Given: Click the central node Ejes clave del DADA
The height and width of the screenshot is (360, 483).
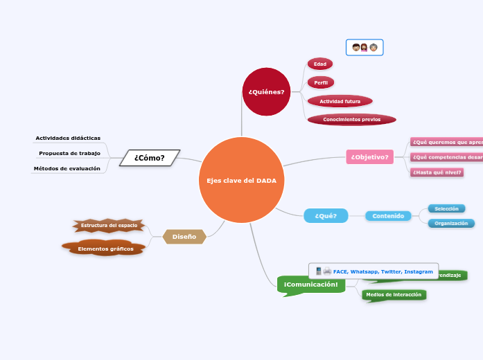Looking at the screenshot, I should [x=241, y=180].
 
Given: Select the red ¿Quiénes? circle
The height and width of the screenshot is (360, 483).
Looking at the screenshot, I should [x=266, y=92].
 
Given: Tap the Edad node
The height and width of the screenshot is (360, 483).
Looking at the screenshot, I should [x=319, y=64].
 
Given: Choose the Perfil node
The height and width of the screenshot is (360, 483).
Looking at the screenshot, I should [x=320, y=82].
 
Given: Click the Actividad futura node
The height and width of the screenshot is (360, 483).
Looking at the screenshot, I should [x=340, y=101].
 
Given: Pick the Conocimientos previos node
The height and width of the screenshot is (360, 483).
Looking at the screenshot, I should [x=351, y=119].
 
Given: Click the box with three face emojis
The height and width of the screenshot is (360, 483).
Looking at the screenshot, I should [x=365, y=47].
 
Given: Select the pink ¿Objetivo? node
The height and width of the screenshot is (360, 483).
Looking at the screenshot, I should [x=370, y=157].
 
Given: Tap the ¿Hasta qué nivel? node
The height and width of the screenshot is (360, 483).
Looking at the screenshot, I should [x=437, y=172].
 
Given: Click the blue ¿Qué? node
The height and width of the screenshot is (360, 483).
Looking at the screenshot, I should [x=325, y=216].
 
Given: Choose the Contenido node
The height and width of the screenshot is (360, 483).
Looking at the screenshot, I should [x=387, y=216].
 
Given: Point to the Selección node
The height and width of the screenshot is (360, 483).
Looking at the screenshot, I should [x=446, y=208].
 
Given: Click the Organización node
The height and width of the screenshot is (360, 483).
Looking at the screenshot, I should [x=450, y=224].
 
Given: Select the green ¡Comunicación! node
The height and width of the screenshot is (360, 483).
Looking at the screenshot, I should [x=310, y=285].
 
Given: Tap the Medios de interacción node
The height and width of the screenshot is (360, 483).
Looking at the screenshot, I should [x=393, y=295].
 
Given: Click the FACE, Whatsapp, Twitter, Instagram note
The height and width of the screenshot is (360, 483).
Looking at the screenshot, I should [x=374, y=271].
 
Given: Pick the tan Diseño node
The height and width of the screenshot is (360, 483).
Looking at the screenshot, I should [x=184, y=237].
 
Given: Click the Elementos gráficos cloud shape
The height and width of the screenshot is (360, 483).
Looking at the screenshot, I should [x=105, y=249].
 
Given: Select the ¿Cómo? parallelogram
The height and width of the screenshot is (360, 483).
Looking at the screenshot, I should [x=149, y=158].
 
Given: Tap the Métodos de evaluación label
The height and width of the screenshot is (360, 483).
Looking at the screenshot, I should [x=68, y=168].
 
